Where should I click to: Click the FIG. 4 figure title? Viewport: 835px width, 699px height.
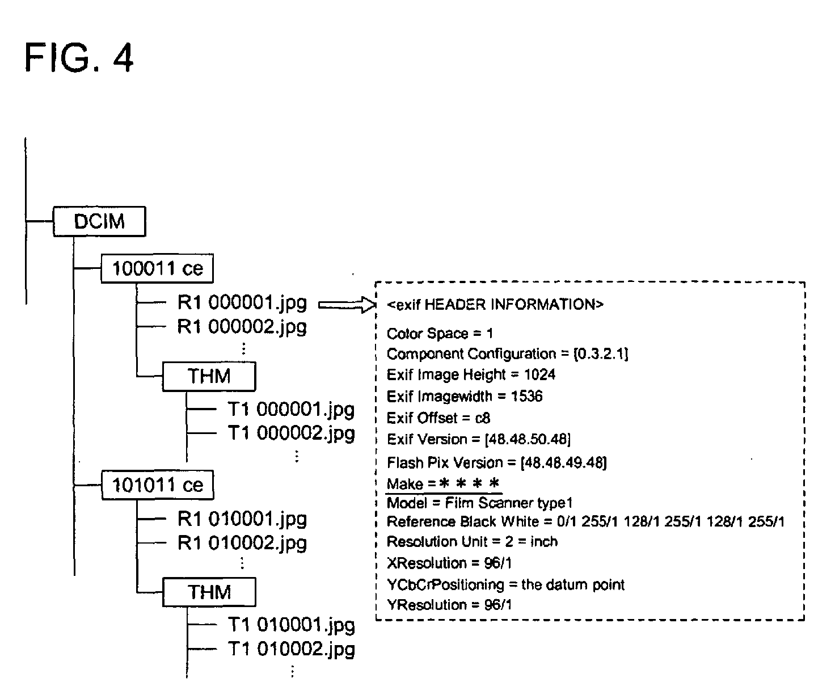click(78, 58)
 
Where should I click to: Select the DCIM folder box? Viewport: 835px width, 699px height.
click(100, 222)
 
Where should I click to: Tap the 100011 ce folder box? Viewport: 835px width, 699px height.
click(157, 268)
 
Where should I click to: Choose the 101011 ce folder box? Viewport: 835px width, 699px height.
click(158, 485)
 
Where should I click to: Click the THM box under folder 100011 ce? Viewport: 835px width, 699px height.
click(209, 377)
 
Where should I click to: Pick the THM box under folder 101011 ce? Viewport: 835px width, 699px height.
click(209, 592)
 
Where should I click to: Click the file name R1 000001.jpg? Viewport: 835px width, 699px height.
click(242, 304)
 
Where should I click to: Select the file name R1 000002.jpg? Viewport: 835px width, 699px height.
click(242, 327)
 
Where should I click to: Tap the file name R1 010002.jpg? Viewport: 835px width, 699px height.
click(242, 544)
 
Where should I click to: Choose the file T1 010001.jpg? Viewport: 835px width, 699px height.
click(292, 626)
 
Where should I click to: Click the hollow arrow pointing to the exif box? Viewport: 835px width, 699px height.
click(347, 305)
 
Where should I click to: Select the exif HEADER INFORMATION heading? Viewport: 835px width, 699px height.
click(495, 305)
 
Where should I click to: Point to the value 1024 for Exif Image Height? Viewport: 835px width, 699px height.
click(539, 374)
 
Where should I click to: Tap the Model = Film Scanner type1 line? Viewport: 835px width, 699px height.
click(479, 503)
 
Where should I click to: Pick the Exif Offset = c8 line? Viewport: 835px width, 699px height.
click(438, 418)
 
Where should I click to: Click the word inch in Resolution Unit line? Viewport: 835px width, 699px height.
click(544, 541)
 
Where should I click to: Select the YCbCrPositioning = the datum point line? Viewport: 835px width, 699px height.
click(505, 585)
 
